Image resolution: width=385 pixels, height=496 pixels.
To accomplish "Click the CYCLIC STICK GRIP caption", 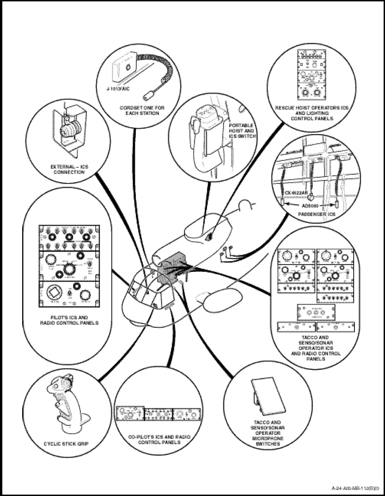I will coord(66,444).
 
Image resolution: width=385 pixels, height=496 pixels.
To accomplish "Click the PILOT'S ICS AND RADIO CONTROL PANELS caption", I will coord(68,320).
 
